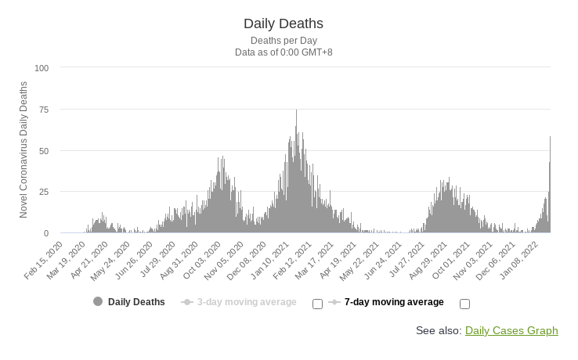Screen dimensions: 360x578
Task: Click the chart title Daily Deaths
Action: coord(284,23)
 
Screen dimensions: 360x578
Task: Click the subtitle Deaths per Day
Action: coord(284,40)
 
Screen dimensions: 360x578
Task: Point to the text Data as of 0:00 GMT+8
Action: coord(284,52)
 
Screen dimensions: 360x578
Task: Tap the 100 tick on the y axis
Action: coord(42,68)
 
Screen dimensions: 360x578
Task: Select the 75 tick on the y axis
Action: coord(43,110)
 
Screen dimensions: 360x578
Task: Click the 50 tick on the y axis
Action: coord(43,150)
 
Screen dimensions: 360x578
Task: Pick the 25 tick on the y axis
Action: coord(43,192)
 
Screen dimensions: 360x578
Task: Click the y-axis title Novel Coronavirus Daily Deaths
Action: coord(23,149)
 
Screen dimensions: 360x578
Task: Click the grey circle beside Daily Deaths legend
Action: coord(98,302)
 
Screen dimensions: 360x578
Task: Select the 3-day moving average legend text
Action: coord(247,302)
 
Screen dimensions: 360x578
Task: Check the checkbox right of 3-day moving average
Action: coord(317,304)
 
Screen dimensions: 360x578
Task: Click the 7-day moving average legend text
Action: coord(394,302)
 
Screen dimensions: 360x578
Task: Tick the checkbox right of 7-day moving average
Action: coord(464,304)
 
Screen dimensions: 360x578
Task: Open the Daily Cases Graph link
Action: coord(511,331)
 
